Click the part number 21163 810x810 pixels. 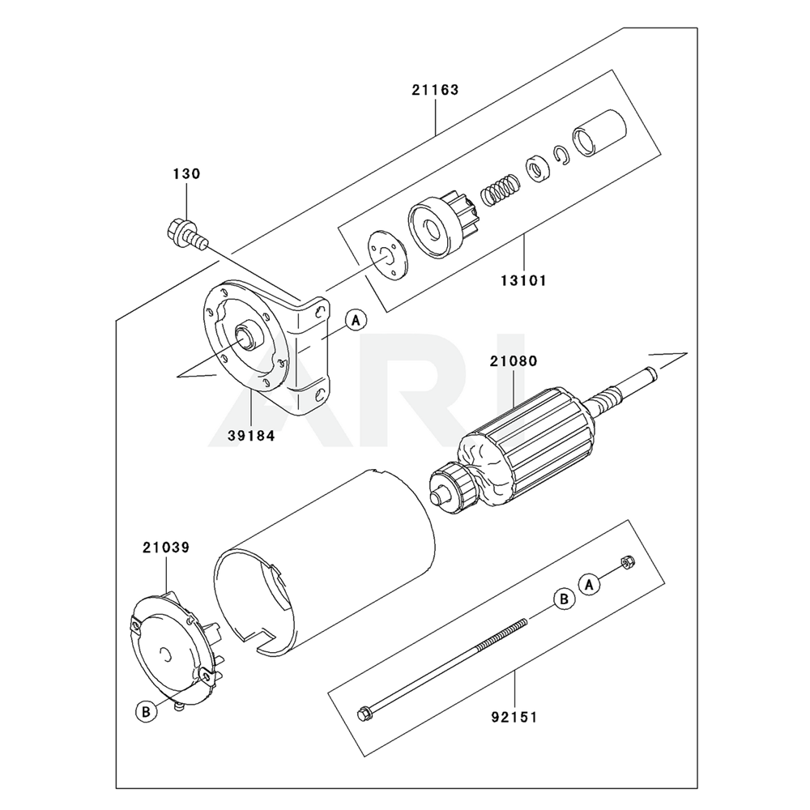[x=435, y=90]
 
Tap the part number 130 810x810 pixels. [x=186, y=173]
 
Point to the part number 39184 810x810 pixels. [x=251, y=436]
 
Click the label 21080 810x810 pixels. [x=514, y=361]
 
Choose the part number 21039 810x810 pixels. [x=166, y=547]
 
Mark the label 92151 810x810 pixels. [x=514, y=717]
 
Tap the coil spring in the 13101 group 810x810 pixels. [x=500, y=190]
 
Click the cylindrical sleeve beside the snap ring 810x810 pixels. [x=599, y=133]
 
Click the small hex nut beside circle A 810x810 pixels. [x=628, y=562]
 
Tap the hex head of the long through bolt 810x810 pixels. [x=363, y=714]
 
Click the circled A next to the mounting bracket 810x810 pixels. [x=356, y=321]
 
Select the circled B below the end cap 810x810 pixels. [x=146, y=712]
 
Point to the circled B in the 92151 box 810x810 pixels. [x=564, y=599]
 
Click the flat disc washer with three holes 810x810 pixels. [x=387, y=255]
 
